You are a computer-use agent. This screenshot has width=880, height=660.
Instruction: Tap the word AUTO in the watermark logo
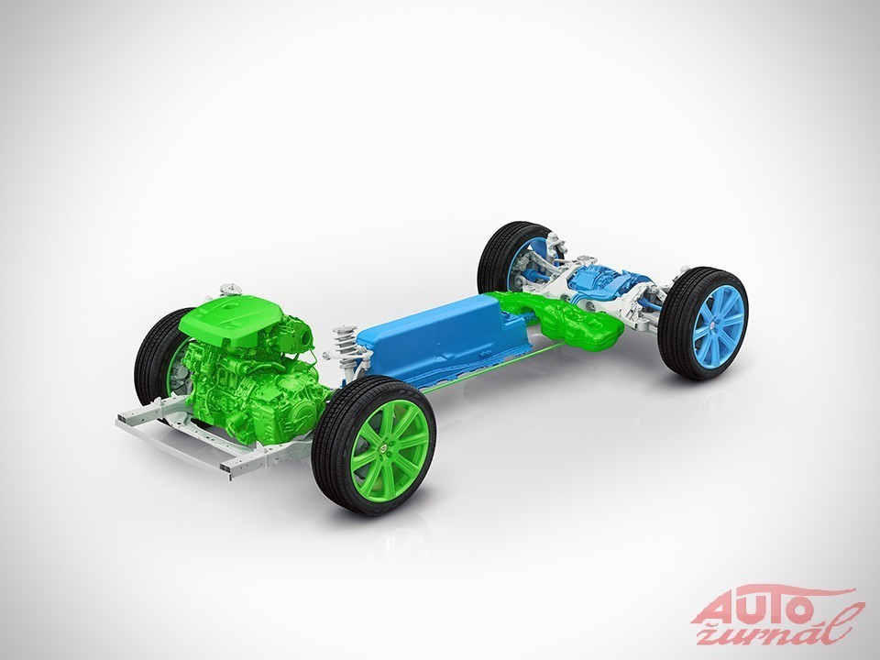752,609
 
